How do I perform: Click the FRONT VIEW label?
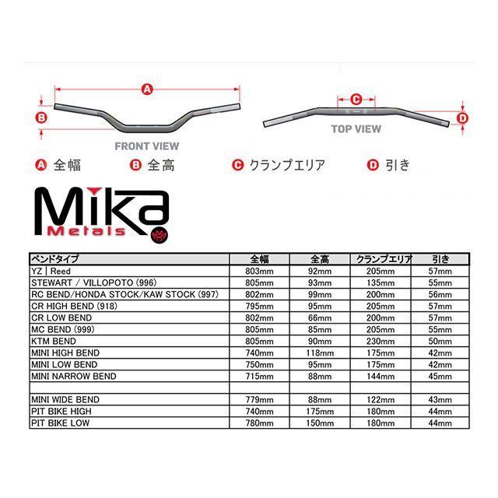146,146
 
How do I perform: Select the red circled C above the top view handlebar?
356,99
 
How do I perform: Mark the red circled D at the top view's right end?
461,118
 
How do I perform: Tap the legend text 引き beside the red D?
397,165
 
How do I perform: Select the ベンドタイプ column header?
54,258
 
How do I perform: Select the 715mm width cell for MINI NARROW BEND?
259,377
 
